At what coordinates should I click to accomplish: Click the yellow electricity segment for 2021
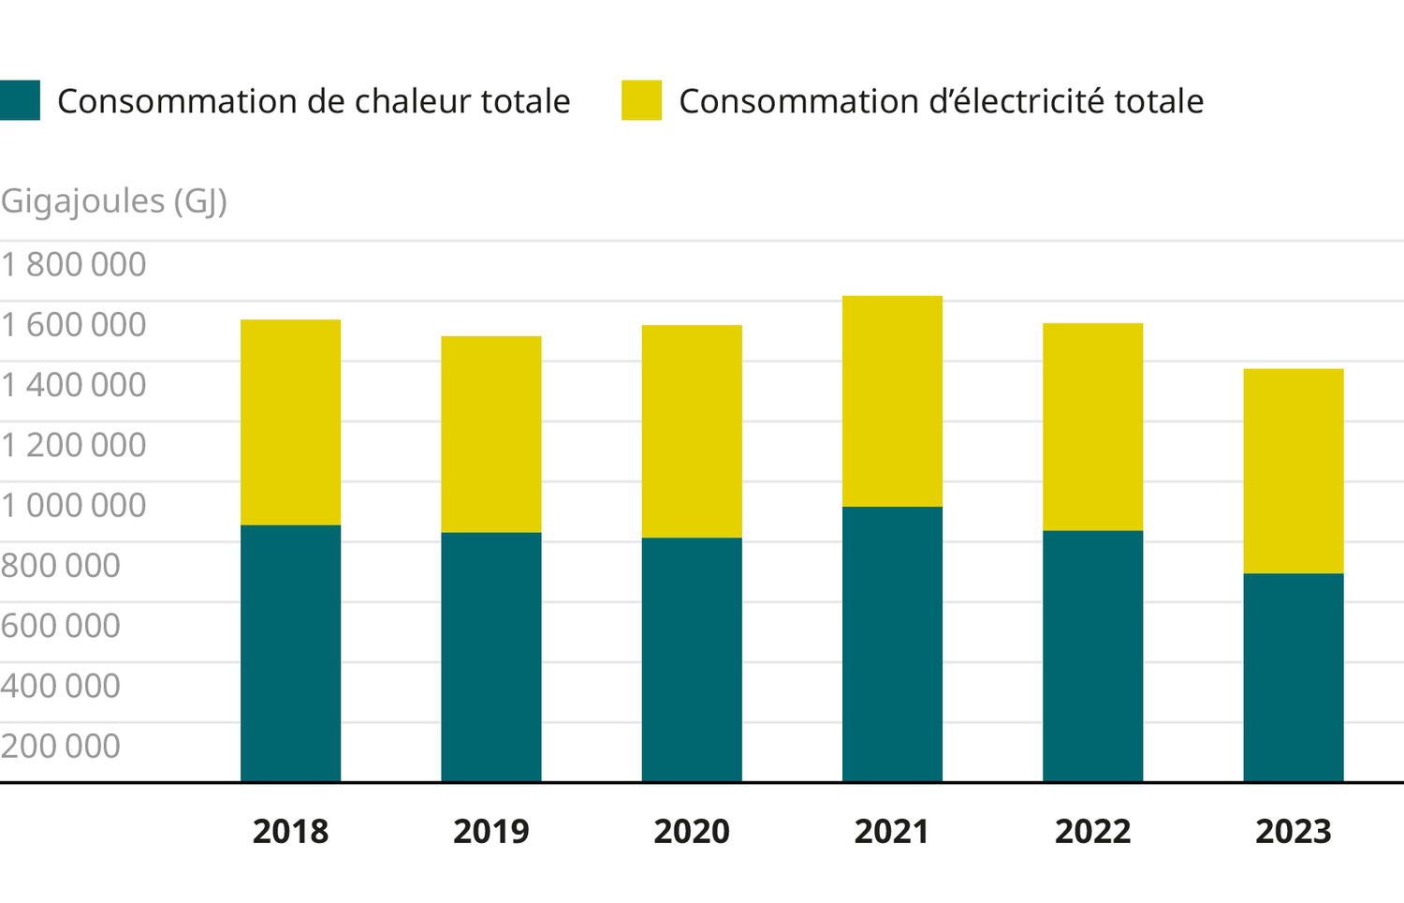pos(892,401)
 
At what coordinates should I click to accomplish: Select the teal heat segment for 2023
pos(1293,677)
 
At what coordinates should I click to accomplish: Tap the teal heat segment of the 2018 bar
pos(290,653)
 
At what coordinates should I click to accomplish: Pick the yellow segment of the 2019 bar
pos(490,434)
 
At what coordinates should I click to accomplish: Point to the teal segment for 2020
pos(692,659)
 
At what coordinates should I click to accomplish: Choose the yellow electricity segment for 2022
pos(1092,426)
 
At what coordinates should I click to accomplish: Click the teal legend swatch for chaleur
pos(20,100)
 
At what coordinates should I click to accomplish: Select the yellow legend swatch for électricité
pos(641,100)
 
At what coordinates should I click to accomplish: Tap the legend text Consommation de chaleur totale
pos(314,101)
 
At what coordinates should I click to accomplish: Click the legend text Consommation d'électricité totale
pos(941,101)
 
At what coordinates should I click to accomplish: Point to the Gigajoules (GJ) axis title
pos(113,200)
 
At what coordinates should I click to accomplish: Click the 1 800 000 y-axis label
pos(73,265)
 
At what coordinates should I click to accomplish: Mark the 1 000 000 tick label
pos(73,506)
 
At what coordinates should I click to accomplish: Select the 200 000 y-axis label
pos(61,747)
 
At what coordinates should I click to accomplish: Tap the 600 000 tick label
pos(61,626)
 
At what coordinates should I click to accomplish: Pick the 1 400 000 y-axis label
pos(73,385)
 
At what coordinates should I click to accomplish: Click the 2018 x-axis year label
pos(290,832)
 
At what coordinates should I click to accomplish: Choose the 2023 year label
pos(1293,832)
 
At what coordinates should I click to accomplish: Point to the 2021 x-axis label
pos(892,832)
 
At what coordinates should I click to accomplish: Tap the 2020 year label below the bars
pos(692,832)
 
